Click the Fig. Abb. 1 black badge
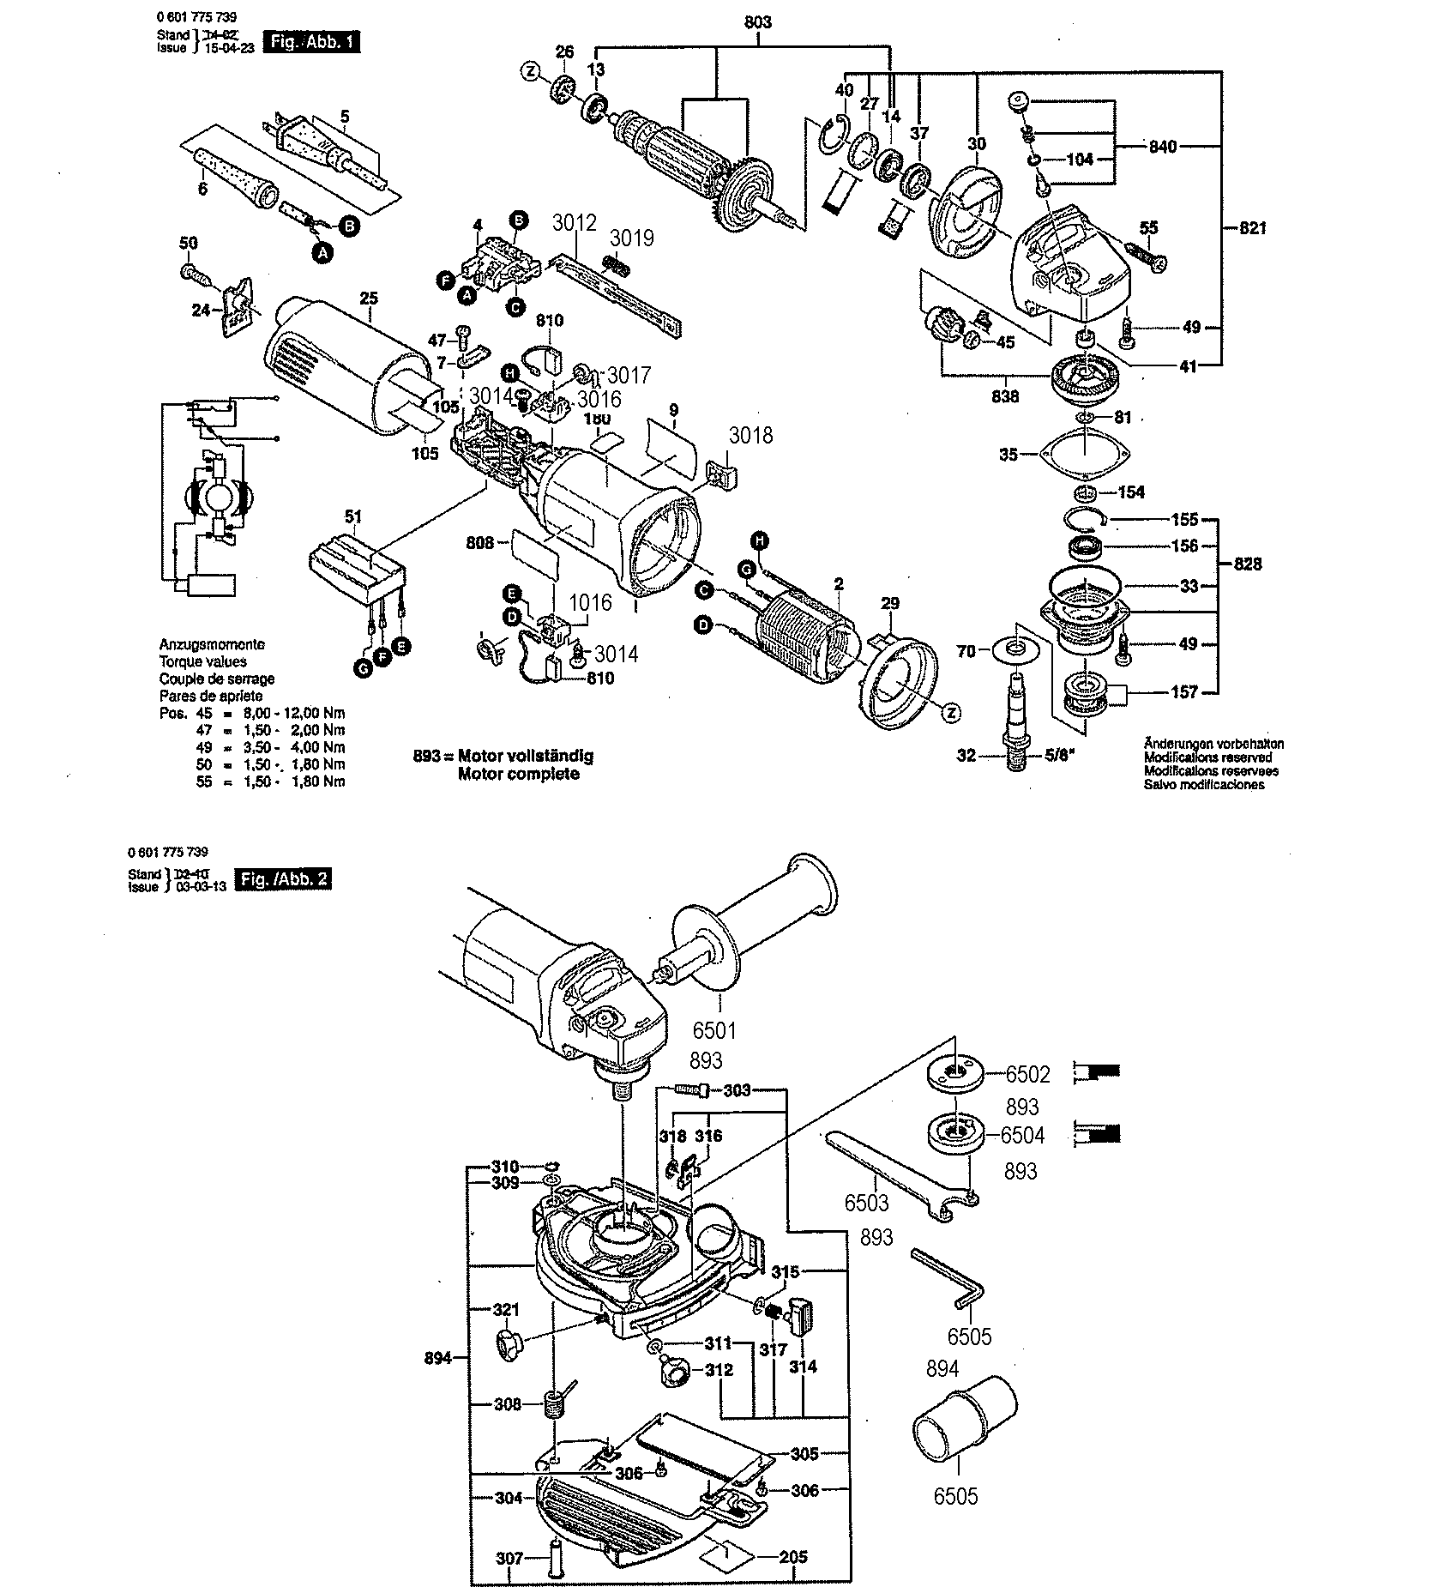pyautogui.click(x=312, y=41)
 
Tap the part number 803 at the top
pyautogui.click(x=757, y=22)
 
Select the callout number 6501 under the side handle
pyautogui.click(x=717, y=1029)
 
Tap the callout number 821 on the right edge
pyautogui.click(x=1252, y=228)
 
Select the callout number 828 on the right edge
pyautogui.click(x=1248, y=564)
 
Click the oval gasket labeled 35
pyautogui.click(x=1084, y=454)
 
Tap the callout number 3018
pyautogui.click(x=750, y=436)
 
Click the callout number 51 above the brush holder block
pyautogui.click(x=353, y=516)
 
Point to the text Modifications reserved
pyautogui.click(x=1207, y=757)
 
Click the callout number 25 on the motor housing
pyautogui.click(x=369, y=299)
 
